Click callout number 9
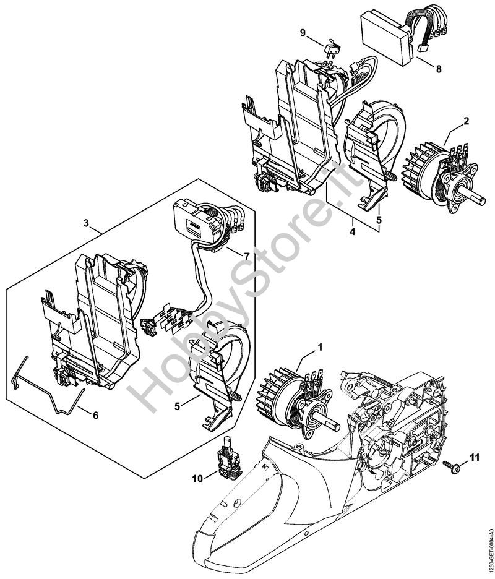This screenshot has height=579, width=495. tap(303, 33)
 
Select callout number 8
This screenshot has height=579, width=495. tap(439, 69)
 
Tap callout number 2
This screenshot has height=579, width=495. tap(466, 121)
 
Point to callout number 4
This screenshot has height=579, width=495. tap(353, 232)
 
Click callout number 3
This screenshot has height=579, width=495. tap(86, 223)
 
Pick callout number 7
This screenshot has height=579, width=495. tap(246, 256)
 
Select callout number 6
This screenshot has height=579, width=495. tap(95, 416)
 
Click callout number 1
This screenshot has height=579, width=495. tap(321, 347)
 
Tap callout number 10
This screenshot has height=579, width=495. tap(197, 479)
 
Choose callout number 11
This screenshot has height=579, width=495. tap(475, 458)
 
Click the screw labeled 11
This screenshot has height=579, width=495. tap(452, 468)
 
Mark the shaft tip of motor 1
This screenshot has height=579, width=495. tap(337, 426)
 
